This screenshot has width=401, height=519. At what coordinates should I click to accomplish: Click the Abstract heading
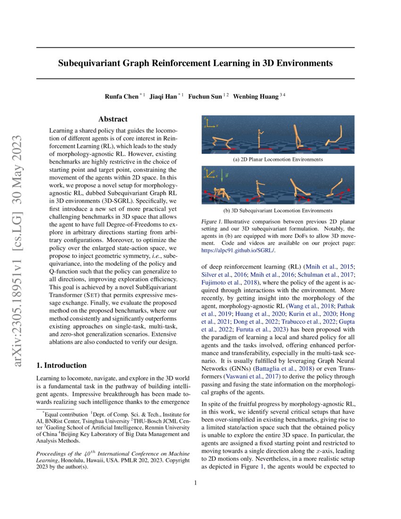tap(113, 119)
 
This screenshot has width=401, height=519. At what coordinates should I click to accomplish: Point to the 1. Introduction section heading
tap(61, 365)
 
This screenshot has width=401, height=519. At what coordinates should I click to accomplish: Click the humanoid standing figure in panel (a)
tap(260, 140)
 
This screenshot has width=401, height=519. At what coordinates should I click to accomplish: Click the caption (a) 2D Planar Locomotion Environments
tap(278, 159)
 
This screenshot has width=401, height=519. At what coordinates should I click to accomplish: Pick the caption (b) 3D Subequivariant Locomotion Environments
tap(278, 210)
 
